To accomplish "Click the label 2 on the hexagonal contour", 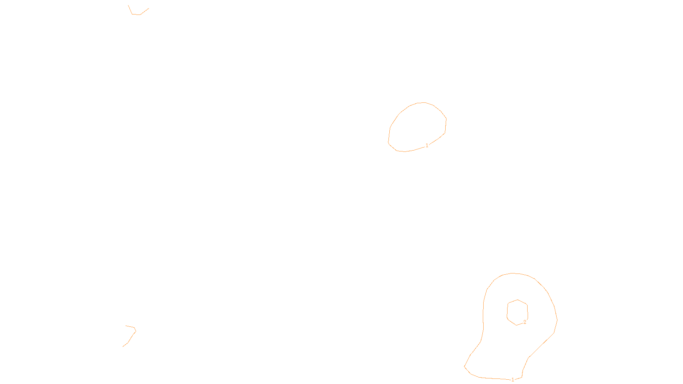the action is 525,322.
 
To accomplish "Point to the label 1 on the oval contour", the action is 427,145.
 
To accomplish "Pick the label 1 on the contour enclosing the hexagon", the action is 513,379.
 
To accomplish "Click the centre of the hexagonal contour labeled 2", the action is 517,312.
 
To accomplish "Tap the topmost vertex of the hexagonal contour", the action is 518,300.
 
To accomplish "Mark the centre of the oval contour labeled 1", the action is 417,127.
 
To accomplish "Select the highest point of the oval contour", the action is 423,102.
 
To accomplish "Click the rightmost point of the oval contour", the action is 447,119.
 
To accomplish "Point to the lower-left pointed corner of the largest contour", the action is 464,366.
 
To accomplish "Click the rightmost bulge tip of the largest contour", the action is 557,319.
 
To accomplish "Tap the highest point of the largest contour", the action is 513,273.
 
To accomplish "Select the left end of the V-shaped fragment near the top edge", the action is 128,6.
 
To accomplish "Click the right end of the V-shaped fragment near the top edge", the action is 149,8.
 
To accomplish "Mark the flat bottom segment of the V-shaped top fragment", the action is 136,15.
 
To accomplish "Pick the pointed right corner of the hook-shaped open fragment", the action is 136,330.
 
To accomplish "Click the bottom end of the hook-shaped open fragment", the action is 123,346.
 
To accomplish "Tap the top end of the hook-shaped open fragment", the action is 126,326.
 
